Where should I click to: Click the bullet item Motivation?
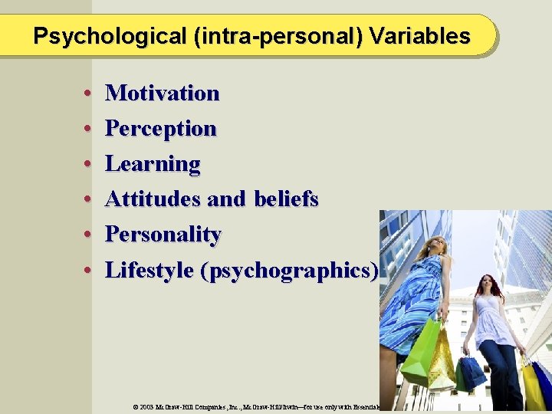point(162,94)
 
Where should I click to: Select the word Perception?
point(160,129)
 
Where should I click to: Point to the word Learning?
point(153,164)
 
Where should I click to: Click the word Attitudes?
point(153,199)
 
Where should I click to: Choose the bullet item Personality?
point(163,235)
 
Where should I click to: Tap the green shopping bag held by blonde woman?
point(420,353)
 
